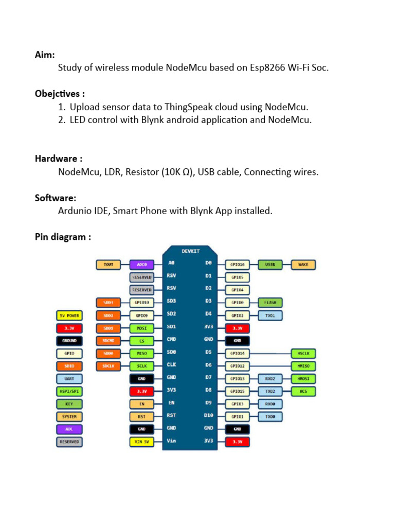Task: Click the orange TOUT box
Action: [x=108, y=265]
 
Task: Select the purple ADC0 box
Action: [x=141, y=265]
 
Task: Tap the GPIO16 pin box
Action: [x=237, y=265]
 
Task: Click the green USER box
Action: [x=270, y=265]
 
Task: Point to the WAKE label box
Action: [x=303, y=265]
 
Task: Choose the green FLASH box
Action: [x=270, y=303]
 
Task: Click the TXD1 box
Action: [x=270, y=315]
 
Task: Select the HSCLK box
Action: [x=303, y=353]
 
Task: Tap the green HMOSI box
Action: [x=303, y=379]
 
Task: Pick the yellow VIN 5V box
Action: [x=141, y=441]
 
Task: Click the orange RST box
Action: [x=141, y=416]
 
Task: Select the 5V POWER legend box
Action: [x=69, y=315]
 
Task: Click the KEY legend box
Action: [x=69, y=404]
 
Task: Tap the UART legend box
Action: [x=69, y=379]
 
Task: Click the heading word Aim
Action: [x=45, y=55]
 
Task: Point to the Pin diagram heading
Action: [x=63, y=237]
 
